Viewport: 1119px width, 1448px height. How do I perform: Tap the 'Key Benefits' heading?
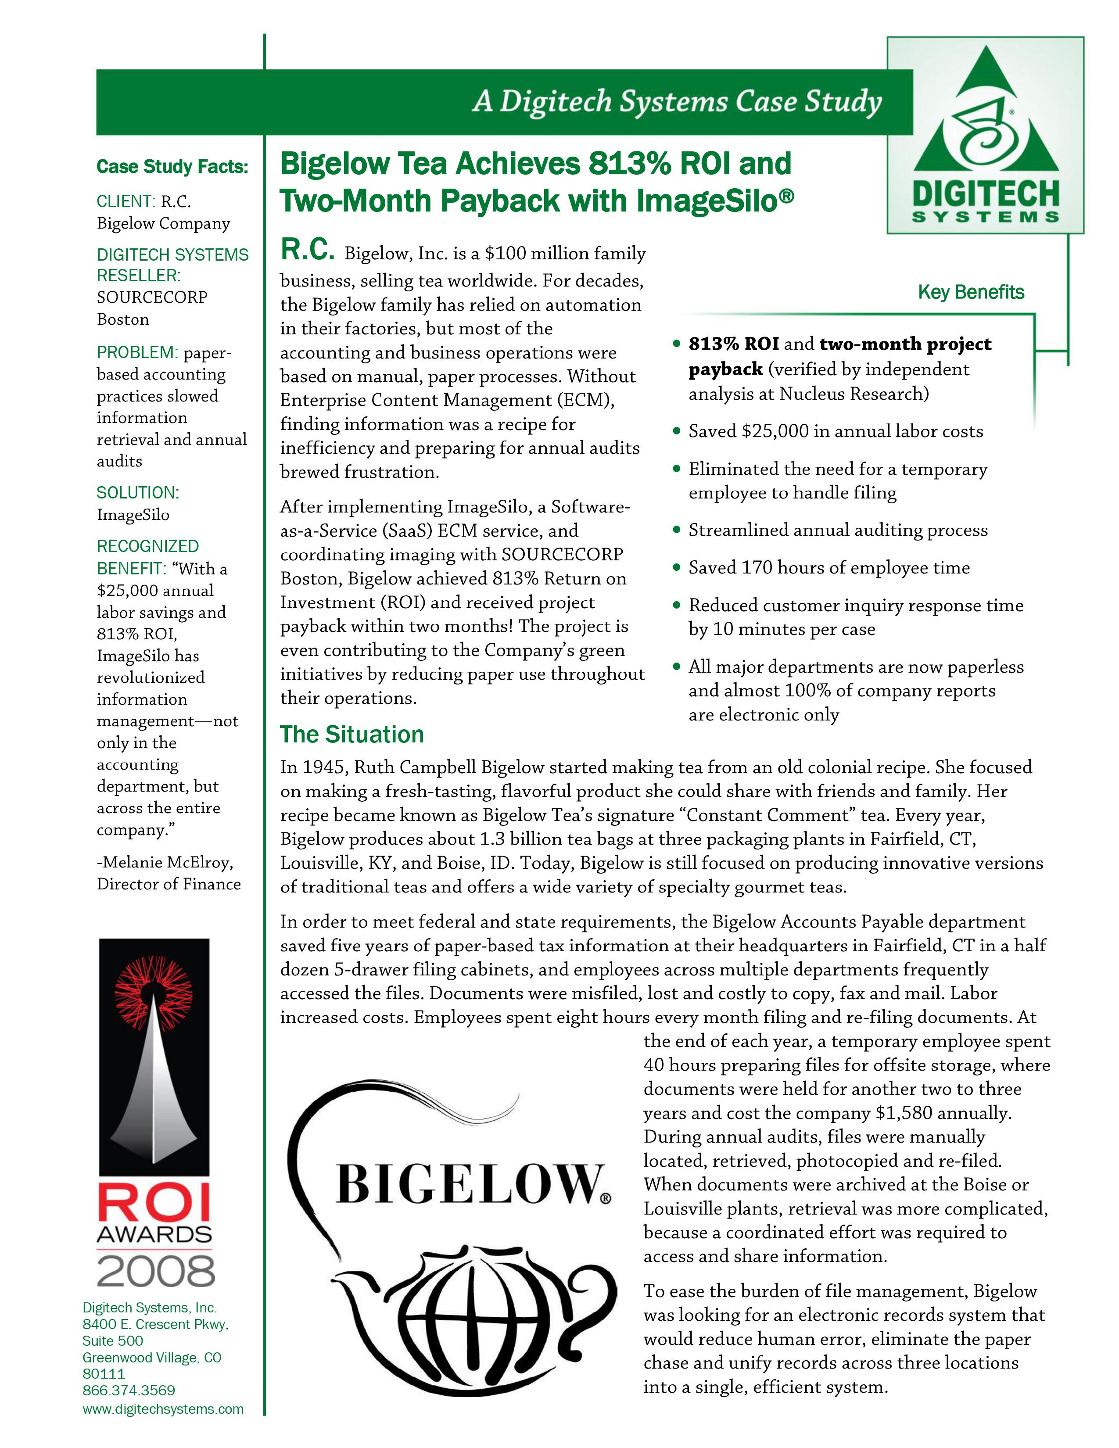[x=971, y=292]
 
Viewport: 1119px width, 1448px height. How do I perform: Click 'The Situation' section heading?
[x=351, y=735]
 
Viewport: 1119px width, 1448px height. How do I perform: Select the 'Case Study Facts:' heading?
[x=172, y=166]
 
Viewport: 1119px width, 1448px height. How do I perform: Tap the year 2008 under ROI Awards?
[x=155, y=1270]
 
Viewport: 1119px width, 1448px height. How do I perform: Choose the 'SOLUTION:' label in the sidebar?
[x=137, y=493]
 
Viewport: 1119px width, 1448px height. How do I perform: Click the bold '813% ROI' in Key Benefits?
[x=733, y=344]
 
